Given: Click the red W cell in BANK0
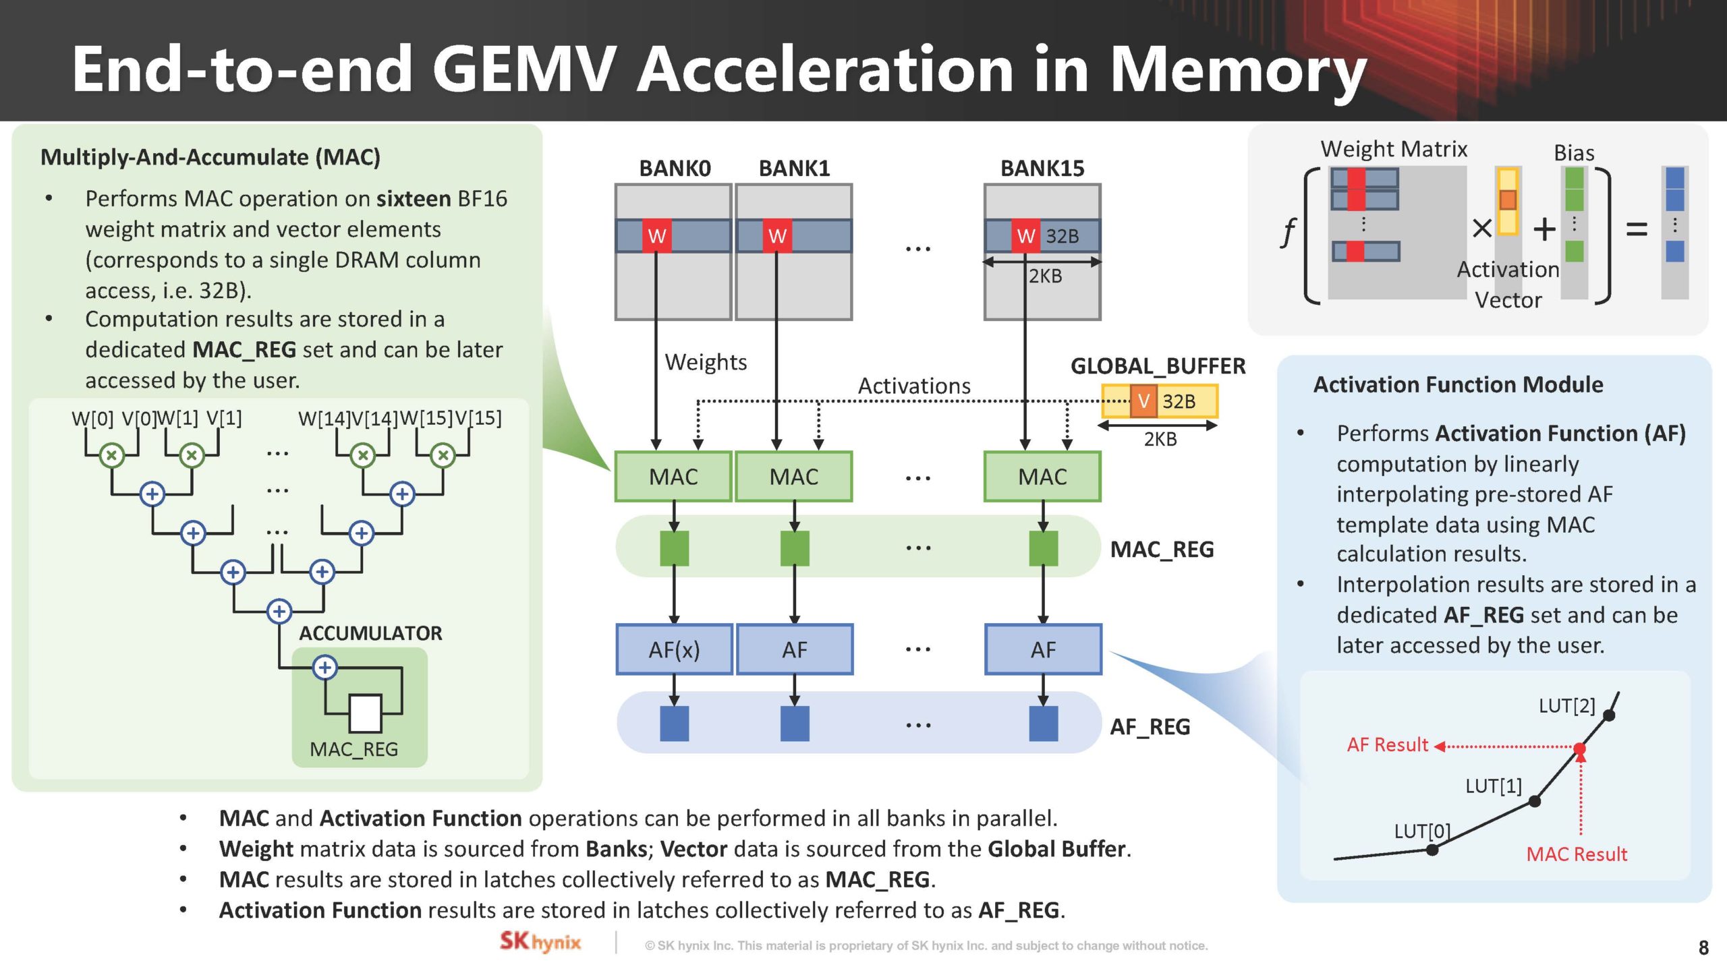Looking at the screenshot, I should pyautogui.click(x=656, y=236).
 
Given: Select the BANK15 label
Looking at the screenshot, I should pyautogui.click(x=1042, y=168).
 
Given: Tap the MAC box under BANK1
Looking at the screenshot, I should pyautogui.click(x=794, y=477).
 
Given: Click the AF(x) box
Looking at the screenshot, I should pyautogui.click(x=674, y=649).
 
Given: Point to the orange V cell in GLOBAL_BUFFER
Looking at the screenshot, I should pyautogui.click(x=1143, y=401).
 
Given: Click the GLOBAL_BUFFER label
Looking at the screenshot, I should pyautogui.click(x=1158, y=366).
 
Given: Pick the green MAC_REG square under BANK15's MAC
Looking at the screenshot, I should pyautogui.click(x=1043, y=548).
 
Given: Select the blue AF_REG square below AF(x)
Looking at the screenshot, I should pyautogui.click(x=674, y=724).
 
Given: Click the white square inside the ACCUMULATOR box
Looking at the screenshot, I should pyautogui.click(x=365, y=713).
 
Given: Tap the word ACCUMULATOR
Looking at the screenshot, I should pyautogui.click(x=370, y=633).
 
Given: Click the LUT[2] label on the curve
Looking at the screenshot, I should pyautogui.click(x=1566, y=706).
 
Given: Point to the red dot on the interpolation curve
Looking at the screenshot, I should pyautogui.click(x=1580, y=748).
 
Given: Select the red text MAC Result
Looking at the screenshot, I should pyautogui.click(x=1577, y=854).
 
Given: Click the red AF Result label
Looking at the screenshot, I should pyautogui.click(x=1388, y=745).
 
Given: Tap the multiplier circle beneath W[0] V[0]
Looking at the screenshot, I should pyautogui.click(x=112, y=455).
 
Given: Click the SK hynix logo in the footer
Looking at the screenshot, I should pyautogui.click(x=540, y=942).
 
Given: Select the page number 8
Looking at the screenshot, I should pyautogui.click(x=1703, y=947).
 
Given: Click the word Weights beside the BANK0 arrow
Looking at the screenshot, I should pyautogui.click(x=706, y=362).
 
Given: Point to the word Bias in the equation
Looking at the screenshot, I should pyautogui.click(x=1574, y=153).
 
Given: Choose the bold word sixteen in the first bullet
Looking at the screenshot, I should pyautogui.click(x=414, y=199).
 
